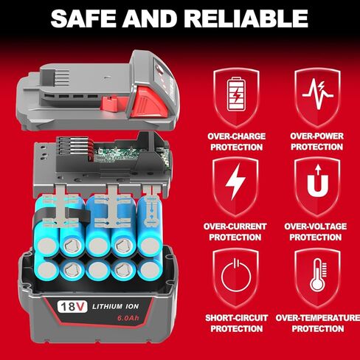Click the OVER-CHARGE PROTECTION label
coord(235,141)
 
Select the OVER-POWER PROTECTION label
coord(316,141)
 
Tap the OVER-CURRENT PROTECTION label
coord(235,232)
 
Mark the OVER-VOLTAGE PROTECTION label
coord(316,232)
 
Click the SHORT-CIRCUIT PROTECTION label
coord(235,322)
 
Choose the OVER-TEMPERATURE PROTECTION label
coord(317,322)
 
